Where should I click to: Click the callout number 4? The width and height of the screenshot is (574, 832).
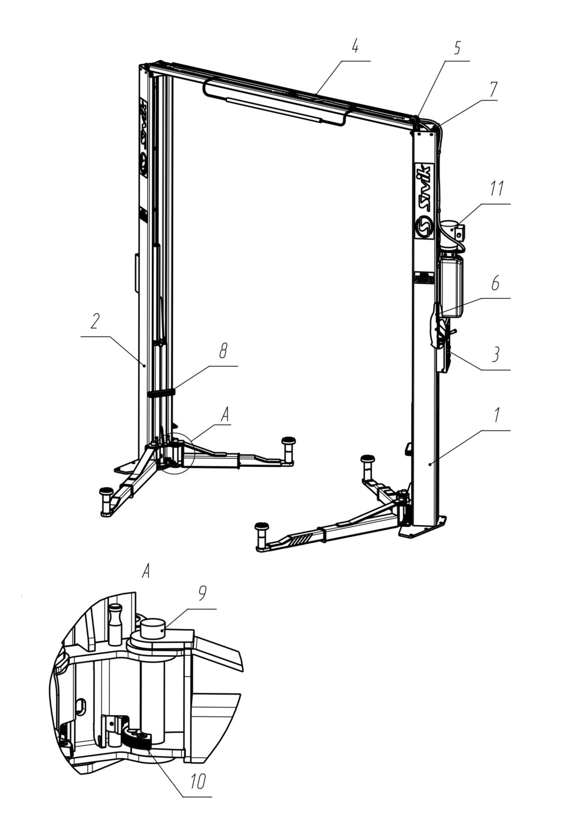tap(355, 47)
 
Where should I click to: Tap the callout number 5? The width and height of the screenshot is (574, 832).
tap(457, 47)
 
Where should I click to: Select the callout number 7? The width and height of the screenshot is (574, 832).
tap(493, 89)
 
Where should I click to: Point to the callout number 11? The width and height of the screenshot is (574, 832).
tap(497, 188)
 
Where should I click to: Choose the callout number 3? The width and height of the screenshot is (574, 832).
tap(495, 354)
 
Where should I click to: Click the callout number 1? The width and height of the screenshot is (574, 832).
tap(497, 415)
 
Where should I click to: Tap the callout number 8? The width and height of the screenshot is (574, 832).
tap(223, 350)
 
